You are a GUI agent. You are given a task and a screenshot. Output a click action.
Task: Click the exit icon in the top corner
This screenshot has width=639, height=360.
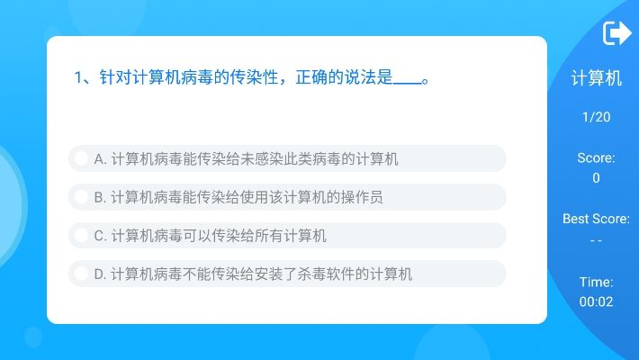[x=616, y=33]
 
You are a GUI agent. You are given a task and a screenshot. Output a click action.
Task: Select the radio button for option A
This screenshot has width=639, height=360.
[x=81, y=159]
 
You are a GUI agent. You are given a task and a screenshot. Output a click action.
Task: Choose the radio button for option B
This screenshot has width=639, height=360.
[x=81, y=197]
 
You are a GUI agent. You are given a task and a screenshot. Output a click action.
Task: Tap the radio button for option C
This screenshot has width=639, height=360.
[x=81, y=236]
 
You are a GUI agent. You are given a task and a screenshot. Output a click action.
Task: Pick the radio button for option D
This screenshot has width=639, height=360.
[x=81, y=274]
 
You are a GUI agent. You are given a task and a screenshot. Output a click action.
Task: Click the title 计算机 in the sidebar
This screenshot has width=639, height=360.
[x=596, y=78]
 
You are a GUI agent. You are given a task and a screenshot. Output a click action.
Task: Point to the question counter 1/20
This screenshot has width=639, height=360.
[x=596, y=117]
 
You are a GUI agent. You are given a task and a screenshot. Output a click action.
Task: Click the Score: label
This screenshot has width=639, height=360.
[x=596, y=158]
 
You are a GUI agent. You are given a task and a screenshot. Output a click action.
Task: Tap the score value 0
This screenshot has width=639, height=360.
[x=596, y=178]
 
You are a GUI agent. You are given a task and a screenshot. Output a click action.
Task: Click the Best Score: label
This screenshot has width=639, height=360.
[x=596, y=219]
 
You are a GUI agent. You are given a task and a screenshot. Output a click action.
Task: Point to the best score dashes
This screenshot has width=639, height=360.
[x=596, y=240]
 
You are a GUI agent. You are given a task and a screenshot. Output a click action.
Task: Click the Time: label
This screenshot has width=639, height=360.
[x=596, y=282]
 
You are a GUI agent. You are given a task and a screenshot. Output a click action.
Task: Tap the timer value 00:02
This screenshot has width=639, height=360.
[x=596, y=302]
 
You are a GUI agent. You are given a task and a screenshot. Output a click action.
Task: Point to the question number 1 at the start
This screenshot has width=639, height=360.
[x=78, y=77]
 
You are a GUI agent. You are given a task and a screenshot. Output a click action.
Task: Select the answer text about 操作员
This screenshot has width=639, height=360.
[x=238, y=197]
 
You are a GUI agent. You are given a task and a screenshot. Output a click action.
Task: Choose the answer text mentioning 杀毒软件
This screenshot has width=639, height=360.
[x=253, y=274]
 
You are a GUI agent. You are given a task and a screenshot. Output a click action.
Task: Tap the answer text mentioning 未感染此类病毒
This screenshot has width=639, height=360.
[x=246, y=159]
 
